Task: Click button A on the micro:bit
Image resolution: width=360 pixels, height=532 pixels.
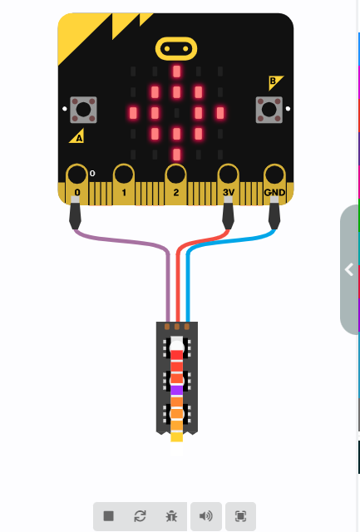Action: coord(83,110)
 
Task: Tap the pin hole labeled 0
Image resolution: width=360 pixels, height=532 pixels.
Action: coord(77,175)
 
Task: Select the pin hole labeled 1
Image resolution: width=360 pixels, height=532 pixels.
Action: coord(124,175)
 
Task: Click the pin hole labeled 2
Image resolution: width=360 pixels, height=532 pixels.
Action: coord(175,175)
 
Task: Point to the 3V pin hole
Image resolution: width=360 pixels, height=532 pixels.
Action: coord(228,175)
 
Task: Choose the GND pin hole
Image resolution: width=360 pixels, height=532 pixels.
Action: coord(274,175)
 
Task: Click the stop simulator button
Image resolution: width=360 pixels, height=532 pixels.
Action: coord(109,516)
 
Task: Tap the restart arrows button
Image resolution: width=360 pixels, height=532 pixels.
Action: coord(140,516)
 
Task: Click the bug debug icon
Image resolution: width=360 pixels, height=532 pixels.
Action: coord(171,516)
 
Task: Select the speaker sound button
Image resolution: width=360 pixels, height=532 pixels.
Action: coord(206,516)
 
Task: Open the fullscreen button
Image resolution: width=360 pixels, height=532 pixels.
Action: coord(240,516)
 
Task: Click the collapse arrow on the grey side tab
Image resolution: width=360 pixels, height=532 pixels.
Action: coord(349,269)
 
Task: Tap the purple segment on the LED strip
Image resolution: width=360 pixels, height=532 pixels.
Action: coord(176,391)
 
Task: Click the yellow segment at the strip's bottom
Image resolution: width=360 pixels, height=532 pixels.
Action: coord(176,436)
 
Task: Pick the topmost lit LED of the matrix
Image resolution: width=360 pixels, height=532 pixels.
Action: coord(176,71)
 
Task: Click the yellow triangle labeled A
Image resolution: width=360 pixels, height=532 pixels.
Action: coord(77,136)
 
